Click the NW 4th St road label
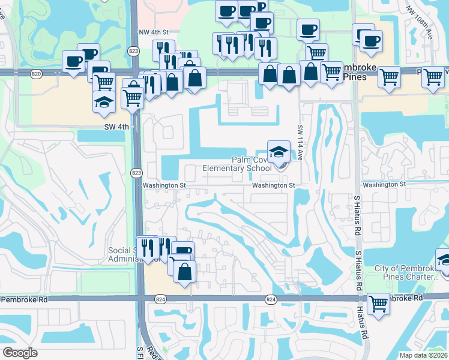154,32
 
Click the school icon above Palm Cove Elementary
278,152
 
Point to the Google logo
20,353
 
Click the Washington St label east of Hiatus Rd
384,184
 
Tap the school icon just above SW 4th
104,101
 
